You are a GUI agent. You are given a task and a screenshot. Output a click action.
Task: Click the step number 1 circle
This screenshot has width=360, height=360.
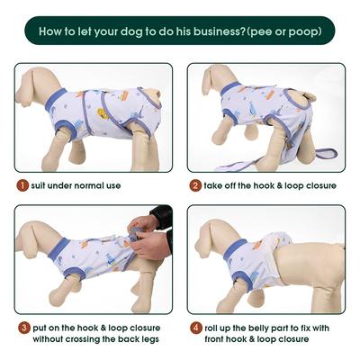click(x=21, y=185)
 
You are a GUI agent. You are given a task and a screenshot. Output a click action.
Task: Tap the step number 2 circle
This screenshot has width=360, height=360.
click(x=195, y=185)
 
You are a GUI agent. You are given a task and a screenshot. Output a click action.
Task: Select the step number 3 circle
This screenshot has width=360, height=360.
click(x=21, y=328)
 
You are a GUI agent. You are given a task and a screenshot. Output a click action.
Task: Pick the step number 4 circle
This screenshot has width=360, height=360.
click(x=195, y=328)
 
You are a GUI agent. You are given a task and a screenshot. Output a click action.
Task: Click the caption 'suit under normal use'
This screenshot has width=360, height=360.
click(x=76, y=185)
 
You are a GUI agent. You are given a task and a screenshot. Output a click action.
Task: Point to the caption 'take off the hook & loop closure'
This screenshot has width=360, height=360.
click(x=270, y=185)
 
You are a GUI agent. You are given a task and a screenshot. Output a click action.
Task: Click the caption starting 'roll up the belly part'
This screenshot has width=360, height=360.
click(x=270, y=333)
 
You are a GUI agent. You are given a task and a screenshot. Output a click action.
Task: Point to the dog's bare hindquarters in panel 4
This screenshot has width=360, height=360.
click(x=315, y=265)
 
